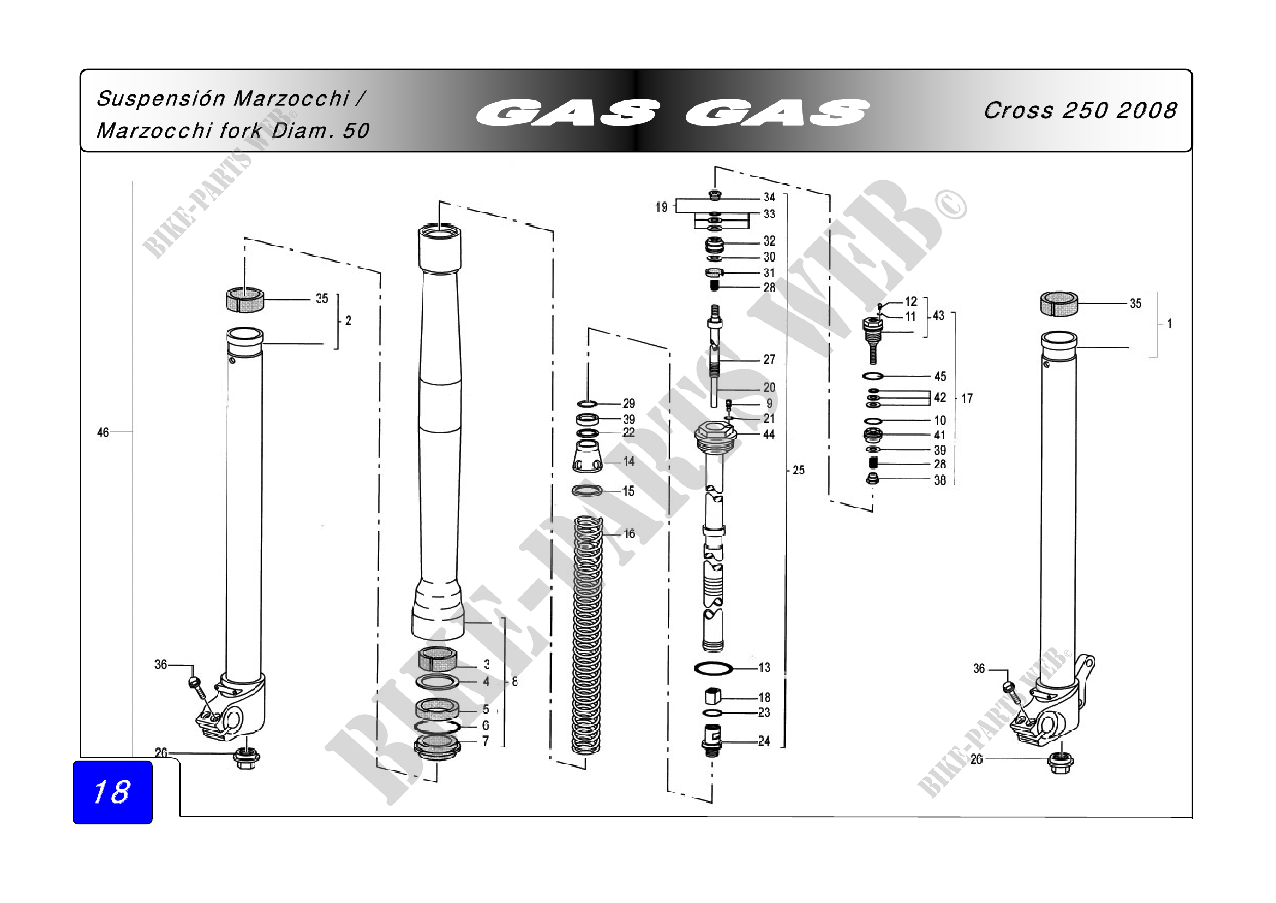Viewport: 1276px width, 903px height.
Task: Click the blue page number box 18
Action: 112,792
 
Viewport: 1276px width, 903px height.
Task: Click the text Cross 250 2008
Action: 1080,111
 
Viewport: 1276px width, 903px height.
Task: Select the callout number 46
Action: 103,432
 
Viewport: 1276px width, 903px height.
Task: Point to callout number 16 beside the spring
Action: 629,534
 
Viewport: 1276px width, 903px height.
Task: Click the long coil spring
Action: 588,634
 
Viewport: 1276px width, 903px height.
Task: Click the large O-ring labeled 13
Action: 713,668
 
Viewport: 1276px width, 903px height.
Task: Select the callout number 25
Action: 798,470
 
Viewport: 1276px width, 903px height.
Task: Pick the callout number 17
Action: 967,398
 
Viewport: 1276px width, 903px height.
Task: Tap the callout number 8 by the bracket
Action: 515,681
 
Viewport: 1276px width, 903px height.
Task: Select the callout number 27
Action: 769,359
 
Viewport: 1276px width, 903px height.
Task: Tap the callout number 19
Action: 661,207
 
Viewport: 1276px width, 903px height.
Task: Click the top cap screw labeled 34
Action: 715,195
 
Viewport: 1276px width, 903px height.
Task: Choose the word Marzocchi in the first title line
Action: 291,98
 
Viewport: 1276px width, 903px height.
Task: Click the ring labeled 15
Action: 588,490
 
